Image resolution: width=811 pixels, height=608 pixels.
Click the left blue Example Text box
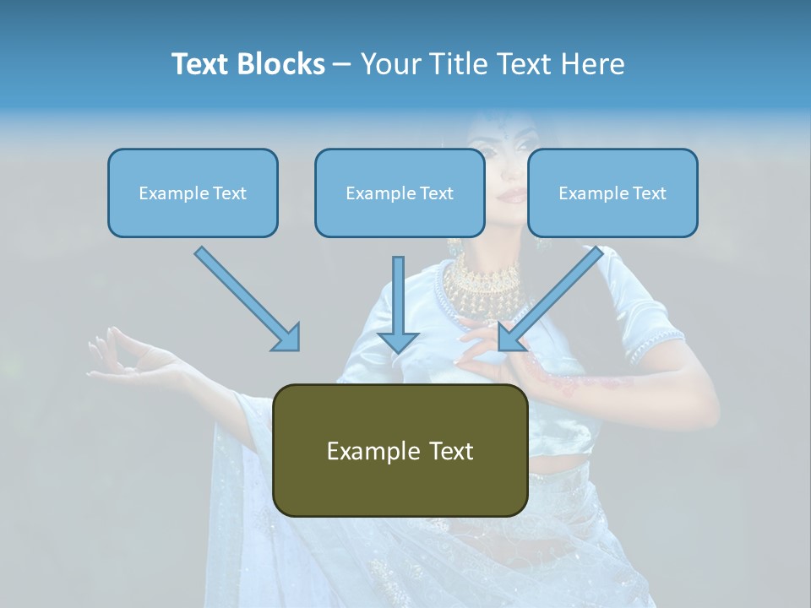point(193,193)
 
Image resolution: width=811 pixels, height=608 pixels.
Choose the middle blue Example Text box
point(400,193)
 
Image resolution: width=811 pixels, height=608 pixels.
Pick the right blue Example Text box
point(612,193)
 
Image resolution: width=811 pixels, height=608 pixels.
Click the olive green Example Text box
point(400,450)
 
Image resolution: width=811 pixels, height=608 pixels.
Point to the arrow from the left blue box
point(245,296)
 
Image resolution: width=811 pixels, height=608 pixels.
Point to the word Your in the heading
point(389,64)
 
